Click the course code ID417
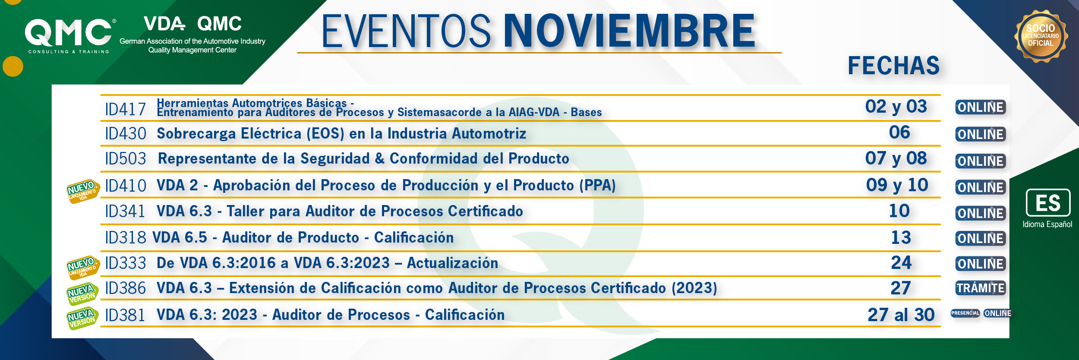tap(126, 109)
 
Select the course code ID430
tap(126, 134)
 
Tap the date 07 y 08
tap(896, 158)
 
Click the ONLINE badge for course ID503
tap(981, 161)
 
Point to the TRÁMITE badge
tap(981, 288)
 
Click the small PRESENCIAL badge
tap(965, 313)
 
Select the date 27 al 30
tap(901, 315)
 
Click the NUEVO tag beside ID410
tap(83, 191)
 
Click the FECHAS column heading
tap(893, 66)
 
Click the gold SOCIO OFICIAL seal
tap(1041, 36)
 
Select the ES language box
tap(1048, 202)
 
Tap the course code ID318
tap(126, 237)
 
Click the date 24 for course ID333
tap(901, 262)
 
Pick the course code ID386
tap(126, 288)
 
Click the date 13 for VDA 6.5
tap(901, 237)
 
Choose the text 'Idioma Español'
tap(1047, 224)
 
